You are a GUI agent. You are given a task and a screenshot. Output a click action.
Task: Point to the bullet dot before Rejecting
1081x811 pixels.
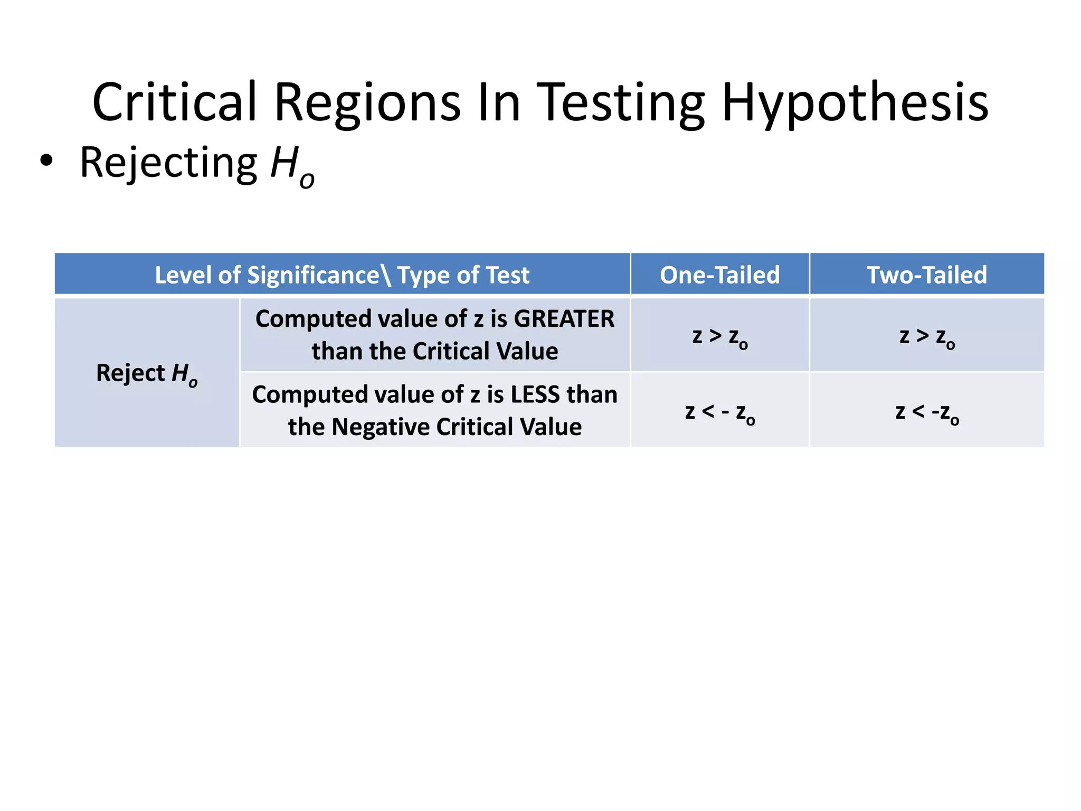pyautogui.click(x=46, y=162)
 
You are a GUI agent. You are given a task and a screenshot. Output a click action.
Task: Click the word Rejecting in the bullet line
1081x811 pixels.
pyautogui.click(x=168, y=163)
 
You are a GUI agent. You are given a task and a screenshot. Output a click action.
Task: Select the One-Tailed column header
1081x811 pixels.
pyautogui.click(x=719, y=275)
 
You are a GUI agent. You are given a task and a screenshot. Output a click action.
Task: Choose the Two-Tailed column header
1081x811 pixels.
pyautogui.click(x=926, y=275)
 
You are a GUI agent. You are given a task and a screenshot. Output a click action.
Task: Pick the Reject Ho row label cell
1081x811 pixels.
pyautogui.click(x=147, y=373)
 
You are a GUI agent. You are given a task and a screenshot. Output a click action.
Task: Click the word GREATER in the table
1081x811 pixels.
pyautogui.click(x=564, y=319)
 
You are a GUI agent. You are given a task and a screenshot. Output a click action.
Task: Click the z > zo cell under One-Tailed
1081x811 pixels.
pyautogui.click(x=719, y=336)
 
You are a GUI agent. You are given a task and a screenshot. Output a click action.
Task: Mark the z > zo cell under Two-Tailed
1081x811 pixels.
pyautogui.click(x=926, y=336)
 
